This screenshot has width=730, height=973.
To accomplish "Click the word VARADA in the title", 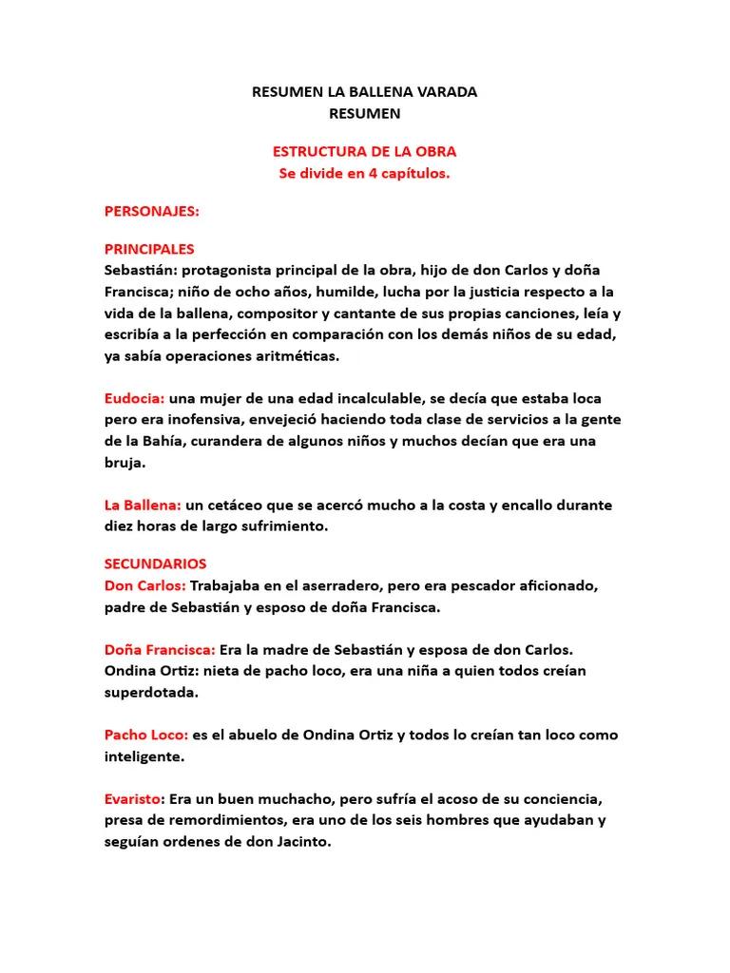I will [441, 92].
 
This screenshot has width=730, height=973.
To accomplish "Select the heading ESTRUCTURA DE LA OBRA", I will [364, 152].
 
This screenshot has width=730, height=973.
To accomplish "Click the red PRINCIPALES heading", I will [149, 249].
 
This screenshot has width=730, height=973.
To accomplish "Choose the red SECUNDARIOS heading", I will [155, 564].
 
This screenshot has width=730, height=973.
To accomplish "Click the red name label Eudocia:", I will [135, 398].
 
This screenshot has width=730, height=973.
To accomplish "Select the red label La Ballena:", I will [142, 505].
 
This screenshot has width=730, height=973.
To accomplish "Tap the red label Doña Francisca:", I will [160, 650].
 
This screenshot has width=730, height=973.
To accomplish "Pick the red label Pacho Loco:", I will [146, 735].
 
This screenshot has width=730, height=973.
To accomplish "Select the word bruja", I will [124, 463].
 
